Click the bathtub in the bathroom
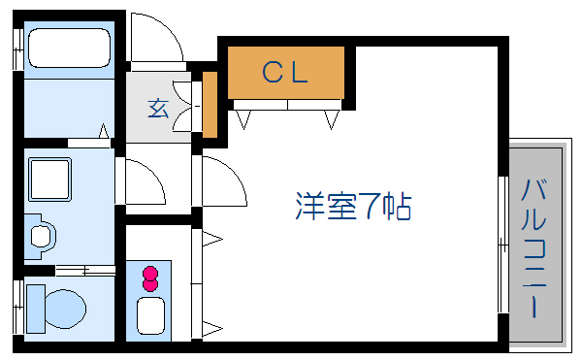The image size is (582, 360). (69, 49)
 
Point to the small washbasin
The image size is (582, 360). (42, 236)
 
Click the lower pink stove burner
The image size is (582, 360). (150, 284)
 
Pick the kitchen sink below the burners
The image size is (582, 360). (151, 316)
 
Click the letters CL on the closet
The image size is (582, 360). (285, 71)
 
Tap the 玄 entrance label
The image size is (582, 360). (158, 108)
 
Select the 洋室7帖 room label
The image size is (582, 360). (353, 207)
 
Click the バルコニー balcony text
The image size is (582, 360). (534, 247)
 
